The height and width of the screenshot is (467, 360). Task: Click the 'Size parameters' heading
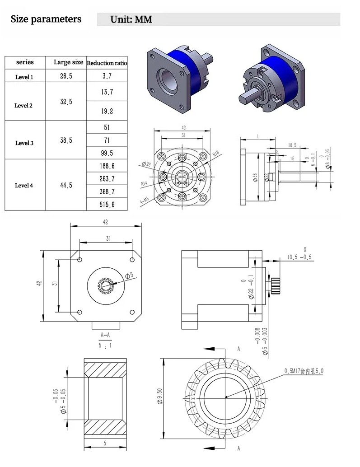coord(46,19)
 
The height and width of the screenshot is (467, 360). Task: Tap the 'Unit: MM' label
coord(131,19)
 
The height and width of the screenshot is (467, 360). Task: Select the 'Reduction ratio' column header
coord(107,63)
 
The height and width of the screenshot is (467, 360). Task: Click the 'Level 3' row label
coord(24,143)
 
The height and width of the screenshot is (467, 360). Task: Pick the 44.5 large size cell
coord(66,185)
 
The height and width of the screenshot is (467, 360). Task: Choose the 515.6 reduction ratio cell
coord(107,205)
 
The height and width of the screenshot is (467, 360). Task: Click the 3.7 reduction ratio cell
coord(107,76)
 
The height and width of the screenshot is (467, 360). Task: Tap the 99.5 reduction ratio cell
coord(107,153)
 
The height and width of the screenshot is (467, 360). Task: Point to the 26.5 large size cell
coord(66,76)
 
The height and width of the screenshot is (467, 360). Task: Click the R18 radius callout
coord(216,154)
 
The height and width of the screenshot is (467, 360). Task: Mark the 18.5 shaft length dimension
coord(292,145)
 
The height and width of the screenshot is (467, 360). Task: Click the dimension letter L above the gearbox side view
coord(257,136)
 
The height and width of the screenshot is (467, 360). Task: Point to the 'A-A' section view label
coord(105,335)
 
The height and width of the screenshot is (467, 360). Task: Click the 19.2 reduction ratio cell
coord(107,111)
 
